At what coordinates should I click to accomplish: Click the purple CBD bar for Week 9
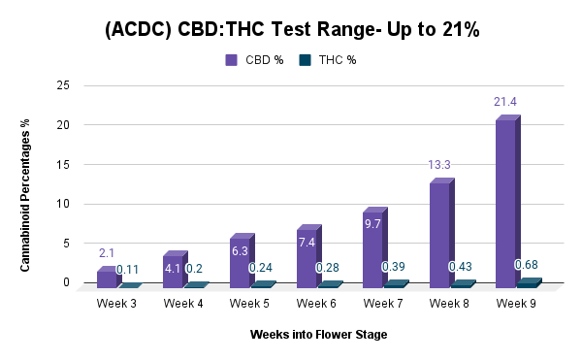click(507, 202)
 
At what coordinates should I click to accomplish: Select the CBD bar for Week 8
click(441, 233)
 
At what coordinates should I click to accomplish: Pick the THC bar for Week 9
click(530, 282)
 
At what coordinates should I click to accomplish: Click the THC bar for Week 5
click(264, 284)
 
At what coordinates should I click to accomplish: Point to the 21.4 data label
click(504, 102)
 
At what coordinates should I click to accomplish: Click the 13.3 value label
click(439, 164)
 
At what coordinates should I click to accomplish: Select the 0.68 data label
click(526, 265)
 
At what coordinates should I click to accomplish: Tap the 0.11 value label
click(127, 270)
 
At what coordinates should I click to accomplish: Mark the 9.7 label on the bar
click(372, 224)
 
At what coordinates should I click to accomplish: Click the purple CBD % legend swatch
click(231, 60)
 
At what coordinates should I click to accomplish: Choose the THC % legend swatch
click(305, 60)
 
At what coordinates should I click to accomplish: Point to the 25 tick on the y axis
click(63, 85)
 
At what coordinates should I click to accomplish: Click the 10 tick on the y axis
click(63, 204)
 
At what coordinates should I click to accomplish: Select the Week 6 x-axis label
click(316, 304)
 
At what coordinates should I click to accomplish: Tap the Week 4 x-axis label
click(183, 304)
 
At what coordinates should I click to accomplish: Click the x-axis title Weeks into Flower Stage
click(318, 335)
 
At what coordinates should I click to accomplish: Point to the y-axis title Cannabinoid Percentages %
click(25, 195)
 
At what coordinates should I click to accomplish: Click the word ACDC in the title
click(139, 29)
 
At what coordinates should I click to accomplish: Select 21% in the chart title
click(461, 29)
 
